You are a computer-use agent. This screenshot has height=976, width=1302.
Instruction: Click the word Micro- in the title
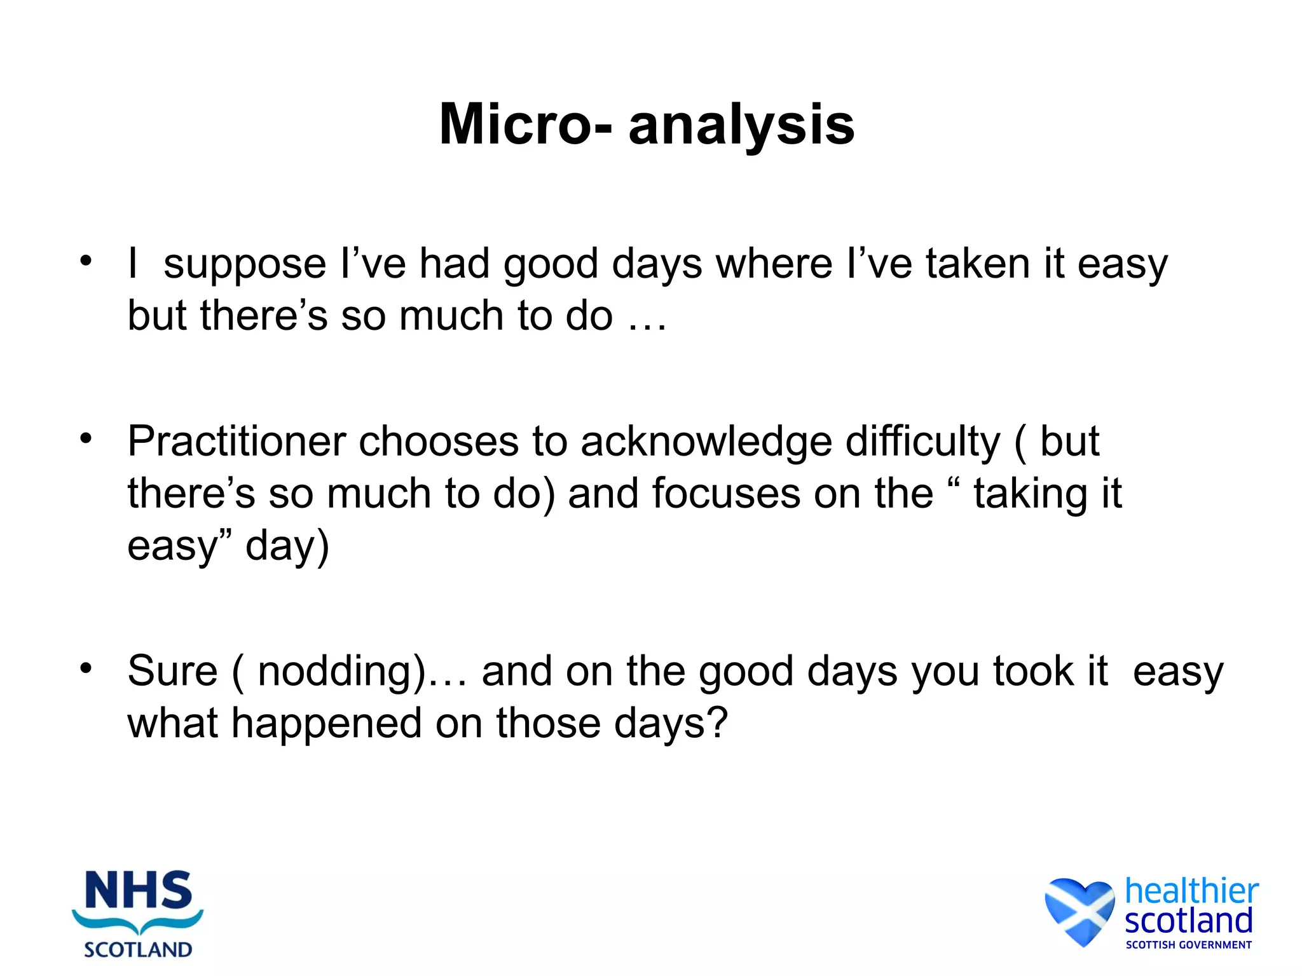[x=526, y=125]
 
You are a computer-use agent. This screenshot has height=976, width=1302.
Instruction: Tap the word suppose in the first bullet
[x=244, y=264]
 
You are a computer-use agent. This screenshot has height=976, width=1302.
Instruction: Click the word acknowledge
[x=706, y=442]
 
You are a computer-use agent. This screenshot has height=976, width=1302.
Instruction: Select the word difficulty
[x=922, y=442]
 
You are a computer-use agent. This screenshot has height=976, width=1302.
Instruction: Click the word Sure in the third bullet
[x=172, y=671]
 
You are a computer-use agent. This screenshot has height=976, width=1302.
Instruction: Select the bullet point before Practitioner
[x=86, y=438]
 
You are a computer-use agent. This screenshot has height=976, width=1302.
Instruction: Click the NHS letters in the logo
[x=138, y=890]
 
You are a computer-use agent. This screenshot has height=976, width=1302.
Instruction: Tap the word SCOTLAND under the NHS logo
[x=138, y=949]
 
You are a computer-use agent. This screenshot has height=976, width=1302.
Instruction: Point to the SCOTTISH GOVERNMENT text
[x=1188, y=945]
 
